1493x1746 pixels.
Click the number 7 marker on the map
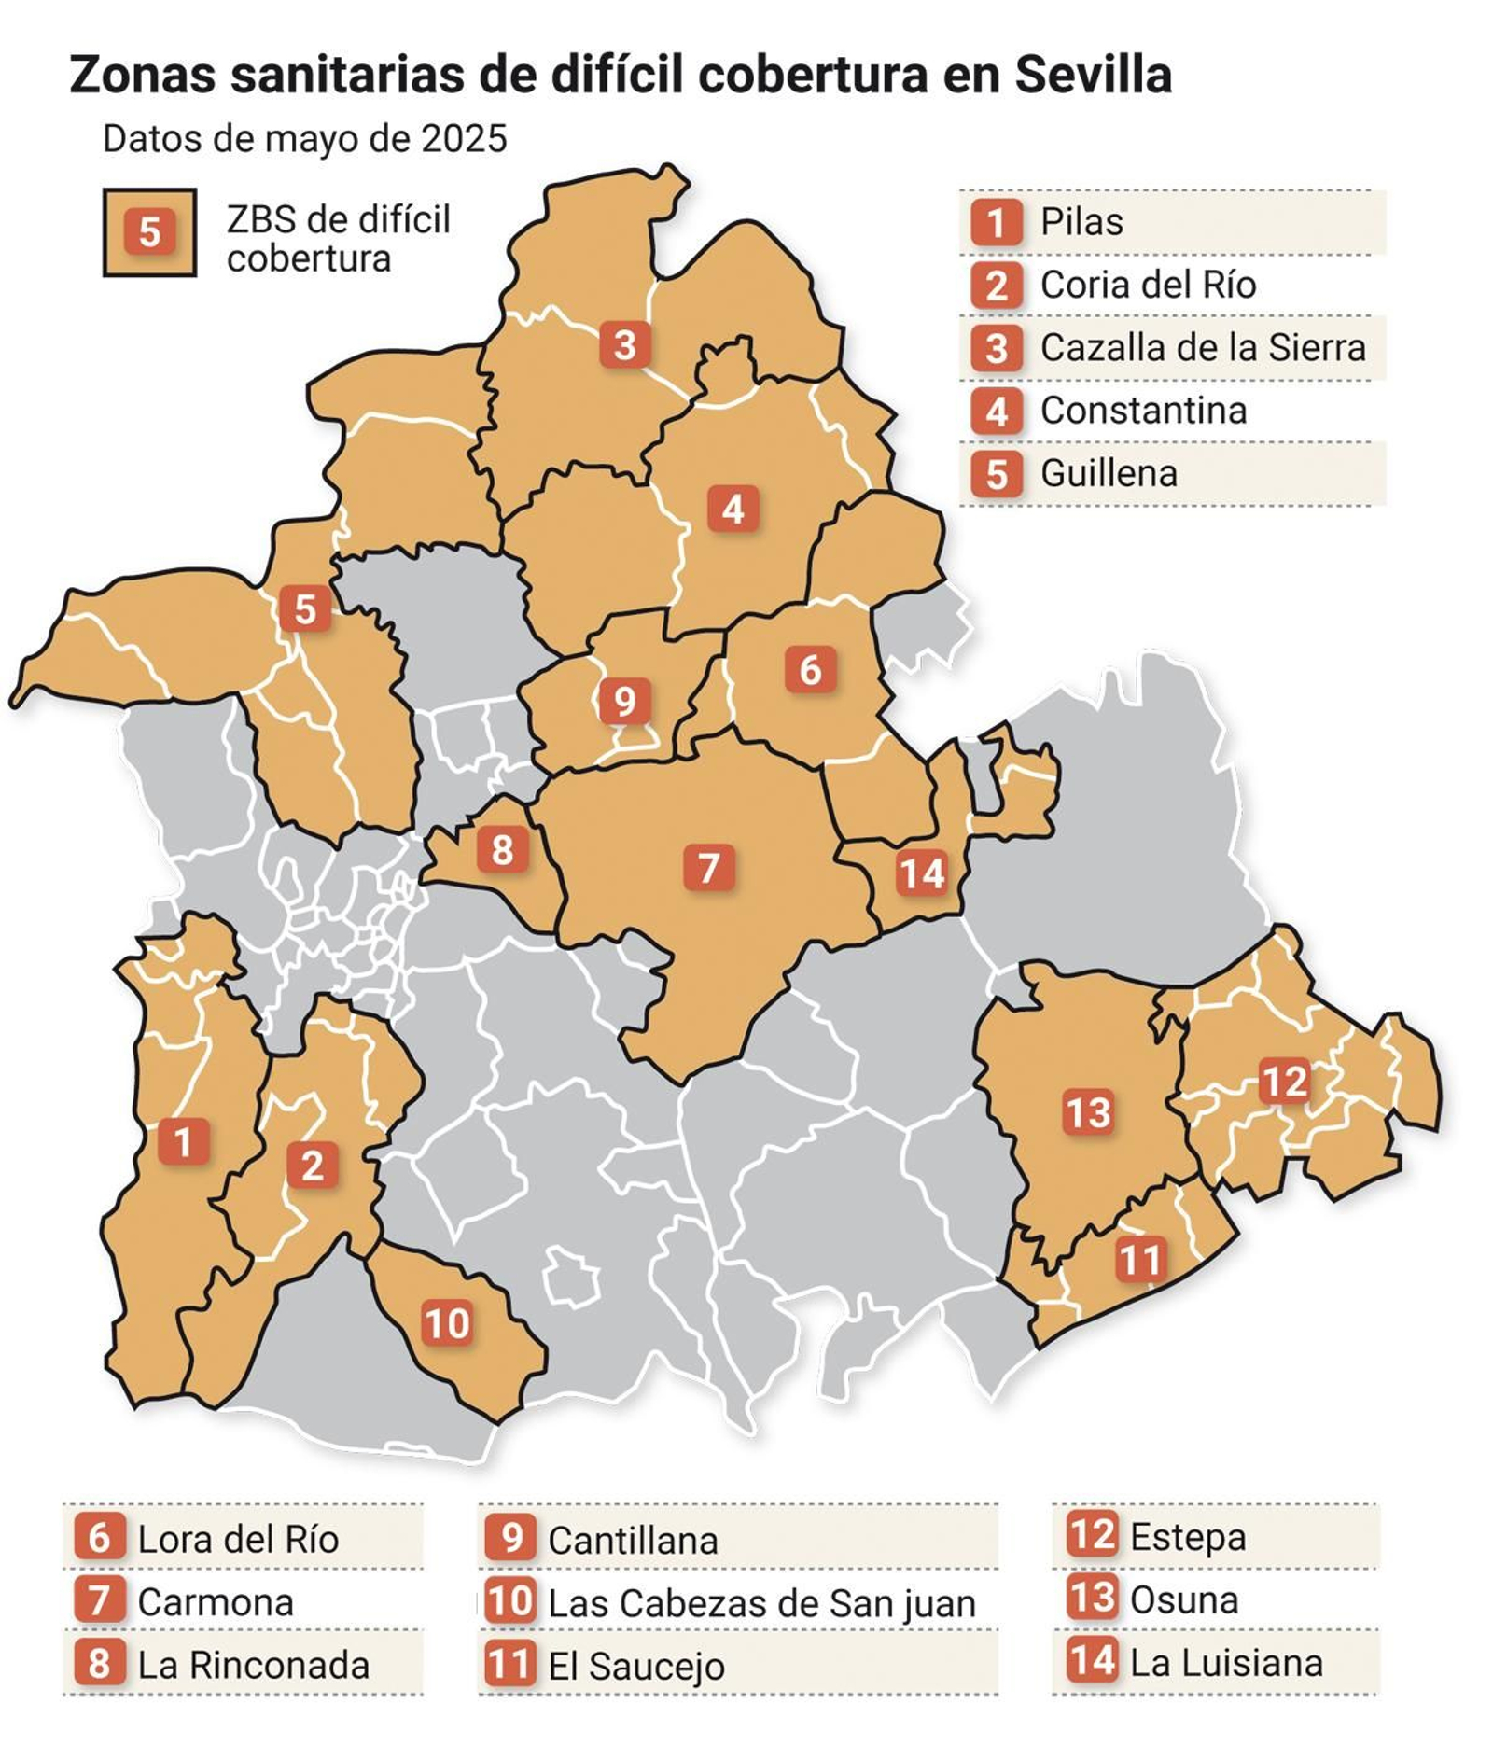click(708, 867)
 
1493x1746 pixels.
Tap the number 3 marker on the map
click(624, 344)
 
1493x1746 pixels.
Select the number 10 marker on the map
click(446, 1322)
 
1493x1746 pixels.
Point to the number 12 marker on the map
click(1284, 1082)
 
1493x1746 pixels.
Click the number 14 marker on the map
click(922, 873)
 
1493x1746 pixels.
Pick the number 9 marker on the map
click(623, 701)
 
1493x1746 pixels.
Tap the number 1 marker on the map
click(183, 1141)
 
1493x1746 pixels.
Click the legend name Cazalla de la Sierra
click(1202, 347)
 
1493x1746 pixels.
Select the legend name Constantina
click(1143, 411)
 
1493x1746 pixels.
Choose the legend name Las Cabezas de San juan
click(761, 1603)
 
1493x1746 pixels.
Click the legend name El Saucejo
click(635, 1666)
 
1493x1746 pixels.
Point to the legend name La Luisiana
click(1226, 1663)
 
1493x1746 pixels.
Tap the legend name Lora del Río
click(238, 1540)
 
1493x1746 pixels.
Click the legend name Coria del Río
click(1148, 285)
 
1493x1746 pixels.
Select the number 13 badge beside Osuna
click(1092, 1599)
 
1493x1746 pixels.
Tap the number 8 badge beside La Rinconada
click(99, 1664)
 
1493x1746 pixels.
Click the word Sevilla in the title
click(1093, 75)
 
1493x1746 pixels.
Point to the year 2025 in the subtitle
click(464, 139)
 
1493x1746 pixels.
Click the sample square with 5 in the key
click(149, 232)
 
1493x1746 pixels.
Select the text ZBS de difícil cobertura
click(338, 239)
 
